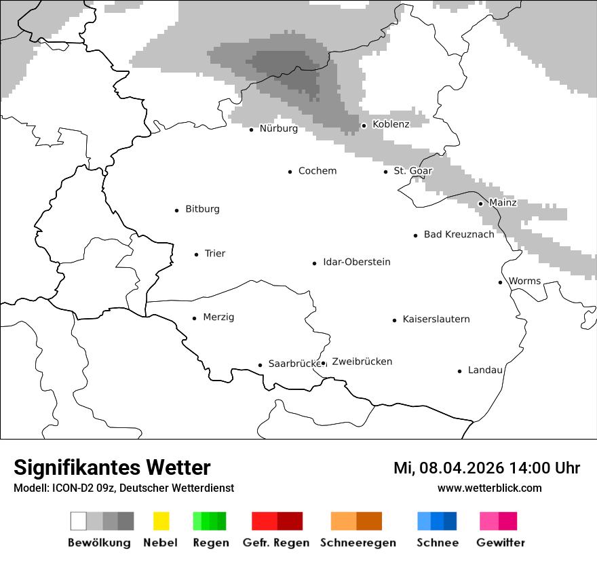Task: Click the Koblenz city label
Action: [x=391, y=124]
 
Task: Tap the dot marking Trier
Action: [x=196, y=254]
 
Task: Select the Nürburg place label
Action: [x=278, y=128]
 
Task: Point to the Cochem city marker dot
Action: [x=290, y=172]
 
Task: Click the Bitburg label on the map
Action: [x=202, y=209]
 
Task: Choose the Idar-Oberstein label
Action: [x=356, y=262]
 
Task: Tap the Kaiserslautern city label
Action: [x=436, y=319]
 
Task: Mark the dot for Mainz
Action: [x=480, y=203]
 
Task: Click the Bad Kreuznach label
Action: [x=459, y=234]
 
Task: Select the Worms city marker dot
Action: [x=500, y=282]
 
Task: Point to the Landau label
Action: [x=485, y=370]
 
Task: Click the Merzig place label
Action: [x=218, y=317]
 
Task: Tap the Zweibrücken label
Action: [x=362, y=362]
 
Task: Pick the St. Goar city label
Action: [x=412, y=171]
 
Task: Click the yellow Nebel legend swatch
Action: [x=161, y=521]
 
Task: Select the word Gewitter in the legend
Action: [x=500, y=543]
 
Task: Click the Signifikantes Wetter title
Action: [x=112, y=467]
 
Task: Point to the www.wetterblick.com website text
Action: [x=489, y=488]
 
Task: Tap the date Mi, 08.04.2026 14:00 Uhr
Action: [x=486, y=468]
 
